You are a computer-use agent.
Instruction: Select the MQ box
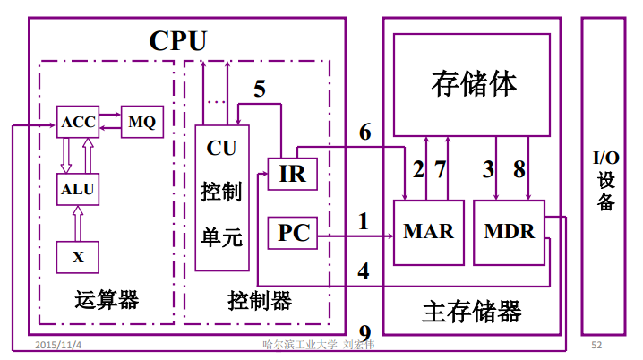[x=141, y=123]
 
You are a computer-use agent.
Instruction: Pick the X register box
[x=78, y=257]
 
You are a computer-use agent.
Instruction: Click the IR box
[x=292, y=174]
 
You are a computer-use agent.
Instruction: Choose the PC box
[x=293, y=234]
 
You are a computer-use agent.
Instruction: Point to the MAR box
[x=428, y=232]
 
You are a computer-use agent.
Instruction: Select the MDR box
[x=509, y=232]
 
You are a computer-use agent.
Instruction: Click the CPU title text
[x=177, y=40]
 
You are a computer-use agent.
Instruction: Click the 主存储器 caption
[x=471, y=313]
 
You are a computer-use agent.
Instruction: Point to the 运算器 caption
[x=107, y=299]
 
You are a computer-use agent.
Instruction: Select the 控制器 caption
[x=260, y=299]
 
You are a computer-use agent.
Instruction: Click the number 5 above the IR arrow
[x=260, y=89]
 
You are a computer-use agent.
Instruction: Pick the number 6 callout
[x=364, y=132]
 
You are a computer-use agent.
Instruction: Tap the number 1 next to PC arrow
[x=363, y=220]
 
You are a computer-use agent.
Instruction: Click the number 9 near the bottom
[x=364, y=330]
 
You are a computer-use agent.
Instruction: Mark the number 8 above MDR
[x=519, y=167]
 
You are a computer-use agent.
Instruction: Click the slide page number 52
[x=596, y=345]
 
